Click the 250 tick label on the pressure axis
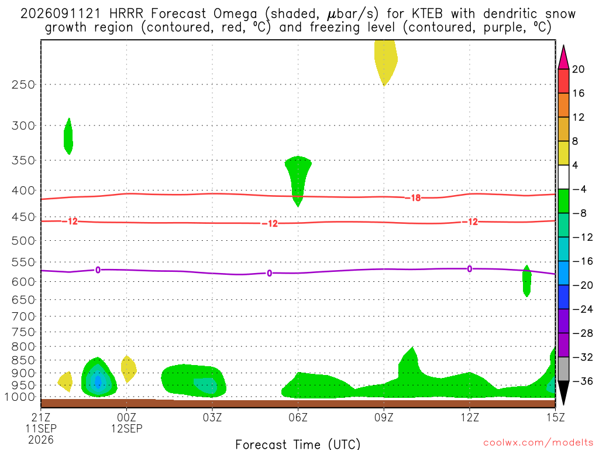23,84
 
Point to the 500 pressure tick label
23,241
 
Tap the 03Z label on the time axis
212,417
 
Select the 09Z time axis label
384,417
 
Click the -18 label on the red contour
413,198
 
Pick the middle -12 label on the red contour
270,223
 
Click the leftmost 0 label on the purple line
98,270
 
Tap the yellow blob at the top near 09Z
385,61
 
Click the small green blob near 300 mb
68,136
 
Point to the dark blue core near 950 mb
98,382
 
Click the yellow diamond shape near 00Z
128,369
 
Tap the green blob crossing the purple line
527,281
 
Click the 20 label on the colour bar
579,69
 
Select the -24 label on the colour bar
582,309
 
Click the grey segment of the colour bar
563,369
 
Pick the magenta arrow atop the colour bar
563,57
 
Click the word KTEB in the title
428,14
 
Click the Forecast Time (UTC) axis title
298,444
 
